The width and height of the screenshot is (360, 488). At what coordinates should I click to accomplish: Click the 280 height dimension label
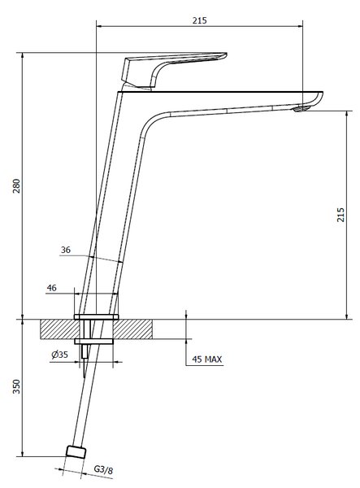tap(16, 185)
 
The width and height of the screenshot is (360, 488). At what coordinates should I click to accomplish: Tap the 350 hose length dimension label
tap(16, 386)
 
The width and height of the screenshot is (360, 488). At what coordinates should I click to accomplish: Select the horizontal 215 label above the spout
tap(199, 20)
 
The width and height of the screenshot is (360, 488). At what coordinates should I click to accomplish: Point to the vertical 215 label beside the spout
tap(340, 215)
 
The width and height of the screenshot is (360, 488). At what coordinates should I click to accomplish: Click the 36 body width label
tap(66, 250)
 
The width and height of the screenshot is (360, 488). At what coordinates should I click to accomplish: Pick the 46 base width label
tap(52, 288)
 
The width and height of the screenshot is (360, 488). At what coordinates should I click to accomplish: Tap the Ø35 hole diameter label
tap(59, 355)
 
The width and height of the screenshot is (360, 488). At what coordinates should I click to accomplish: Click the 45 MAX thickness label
tap(207, 359)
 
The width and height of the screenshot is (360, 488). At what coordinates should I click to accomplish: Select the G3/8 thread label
tap(103, 469)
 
